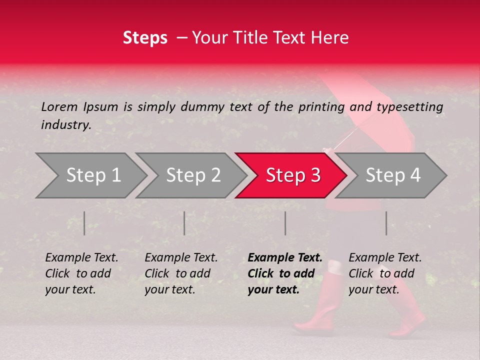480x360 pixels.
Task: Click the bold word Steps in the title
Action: [145, 38]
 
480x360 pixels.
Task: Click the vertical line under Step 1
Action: [84, 223]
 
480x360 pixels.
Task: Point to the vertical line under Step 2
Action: [184, 223]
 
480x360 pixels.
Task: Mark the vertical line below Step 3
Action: [285, 223]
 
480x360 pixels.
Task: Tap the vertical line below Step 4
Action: [386, 223]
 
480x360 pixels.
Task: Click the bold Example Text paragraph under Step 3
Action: [285, 273]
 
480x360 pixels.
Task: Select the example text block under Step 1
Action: [81, 273]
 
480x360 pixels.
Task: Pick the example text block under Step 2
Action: [181, 273]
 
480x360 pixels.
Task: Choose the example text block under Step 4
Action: [385, 273]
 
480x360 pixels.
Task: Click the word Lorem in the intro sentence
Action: [59, 106]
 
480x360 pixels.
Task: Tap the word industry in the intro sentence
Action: [65, 125]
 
